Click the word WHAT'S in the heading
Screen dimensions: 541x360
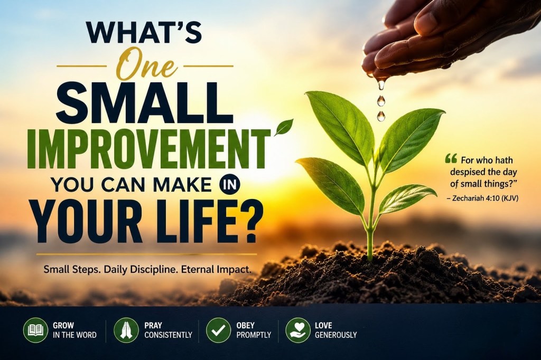point(144,33)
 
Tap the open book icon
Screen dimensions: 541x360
point(35,330)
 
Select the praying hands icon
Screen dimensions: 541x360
point(126,330)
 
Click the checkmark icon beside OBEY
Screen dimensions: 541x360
point(218,330)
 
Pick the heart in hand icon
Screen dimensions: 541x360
point(298,330)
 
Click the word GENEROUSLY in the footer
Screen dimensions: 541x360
point(335,335)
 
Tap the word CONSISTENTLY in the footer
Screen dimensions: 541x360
point(168,335)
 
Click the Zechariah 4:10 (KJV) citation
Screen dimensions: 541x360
point(482,198)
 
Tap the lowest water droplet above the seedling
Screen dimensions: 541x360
point(381,116)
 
